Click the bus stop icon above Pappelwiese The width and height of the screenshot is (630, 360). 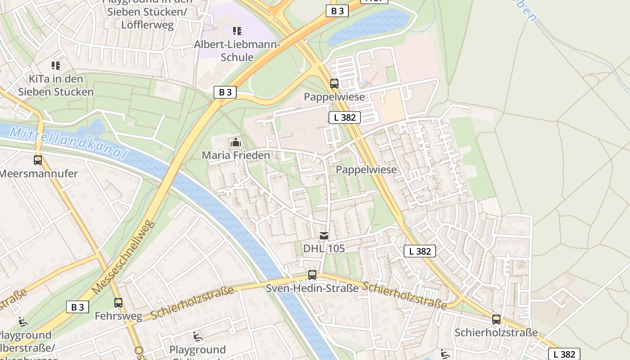click(x=334, y=83)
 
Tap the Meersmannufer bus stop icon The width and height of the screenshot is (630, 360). click(x=38, y=160)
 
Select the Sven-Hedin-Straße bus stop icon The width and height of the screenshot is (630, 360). click(x=312, y=274)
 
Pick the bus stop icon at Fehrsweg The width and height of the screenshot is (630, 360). click(x=118, y=302)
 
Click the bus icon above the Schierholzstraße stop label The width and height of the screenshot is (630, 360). click(x=496, y=319)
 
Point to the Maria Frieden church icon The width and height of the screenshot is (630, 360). click(x=235, y=142)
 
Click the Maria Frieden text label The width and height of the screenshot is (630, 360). click(x=236, y=156)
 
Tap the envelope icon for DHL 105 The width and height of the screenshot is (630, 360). click(x=324, y=235)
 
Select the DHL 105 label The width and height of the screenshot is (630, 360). click(x=324, y=248)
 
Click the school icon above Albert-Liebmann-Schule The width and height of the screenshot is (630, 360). click(x=237, y=31)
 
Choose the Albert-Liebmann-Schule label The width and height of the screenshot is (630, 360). click(x=237, y=51)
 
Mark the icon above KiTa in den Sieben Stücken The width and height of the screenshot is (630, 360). click(x=56, y=66)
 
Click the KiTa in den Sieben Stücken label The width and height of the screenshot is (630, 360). click(x=56, y=85)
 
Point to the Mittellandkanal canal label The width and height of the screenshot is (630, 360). click(x=67, y=142)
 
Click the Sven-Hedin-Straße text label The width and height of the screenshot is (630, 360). click(x=312, y=288)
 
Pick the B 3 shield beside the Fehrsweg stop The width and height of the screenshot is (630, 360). click(x=77, y=307)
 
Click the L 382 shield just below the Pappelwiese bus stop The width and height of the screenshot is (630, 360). click(x=345, y=117)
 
